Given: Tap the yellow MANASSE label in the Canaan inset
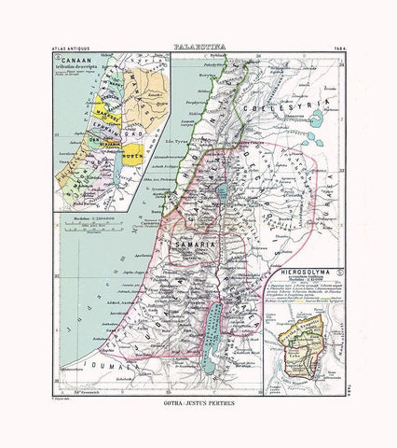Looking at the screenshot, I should [x=105, y=118].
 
